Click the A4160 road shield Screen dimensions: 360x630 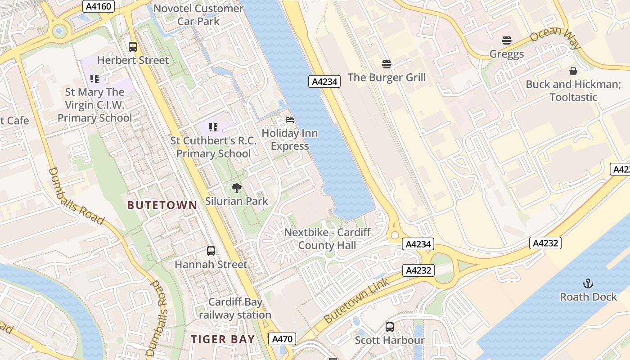(x=99, y=6)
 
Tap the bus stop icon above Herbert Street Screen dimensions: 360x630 (x=133, y=46)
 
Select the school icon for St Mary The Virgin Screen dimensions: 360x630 (x=94, y=79)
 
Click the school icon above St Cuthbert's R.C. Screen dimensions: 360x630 (x=213, y=127)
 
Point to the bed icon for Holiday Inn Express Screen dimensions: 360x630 (x=290, y=120)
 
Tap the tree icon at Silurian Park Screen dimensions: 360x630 (x=236, y=188)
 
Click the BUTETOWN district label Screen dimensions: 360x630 (x=162, y=205)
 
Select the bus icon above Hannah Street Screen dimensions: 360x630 (x=211, y=251)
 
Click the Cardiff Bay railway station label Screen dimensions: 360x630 (x=235, y=308)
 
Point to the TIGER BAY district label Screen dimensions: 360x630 (x=223, y=339)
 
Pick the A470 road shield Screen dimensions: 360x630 (x=282, y=339)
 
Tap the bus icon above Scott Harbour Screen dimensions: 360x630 (x=390, y=327)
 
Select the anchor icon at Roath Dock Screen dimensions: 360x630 (x=588, y=283)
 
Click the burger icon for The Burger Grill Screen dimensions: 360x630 (x=386, y=64)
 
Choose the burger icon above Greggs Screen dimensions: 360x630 (x=507, y=40)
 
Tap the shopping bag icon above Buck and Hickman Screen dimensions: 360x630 (x=573, y=71)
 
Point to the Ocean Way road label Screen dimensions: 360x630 (x=555, y=38)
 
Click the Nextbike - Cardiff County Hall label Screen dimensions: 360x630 (x=327, y=239)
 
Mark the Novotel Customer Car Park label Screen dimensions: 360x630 (x=198, y=14)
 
